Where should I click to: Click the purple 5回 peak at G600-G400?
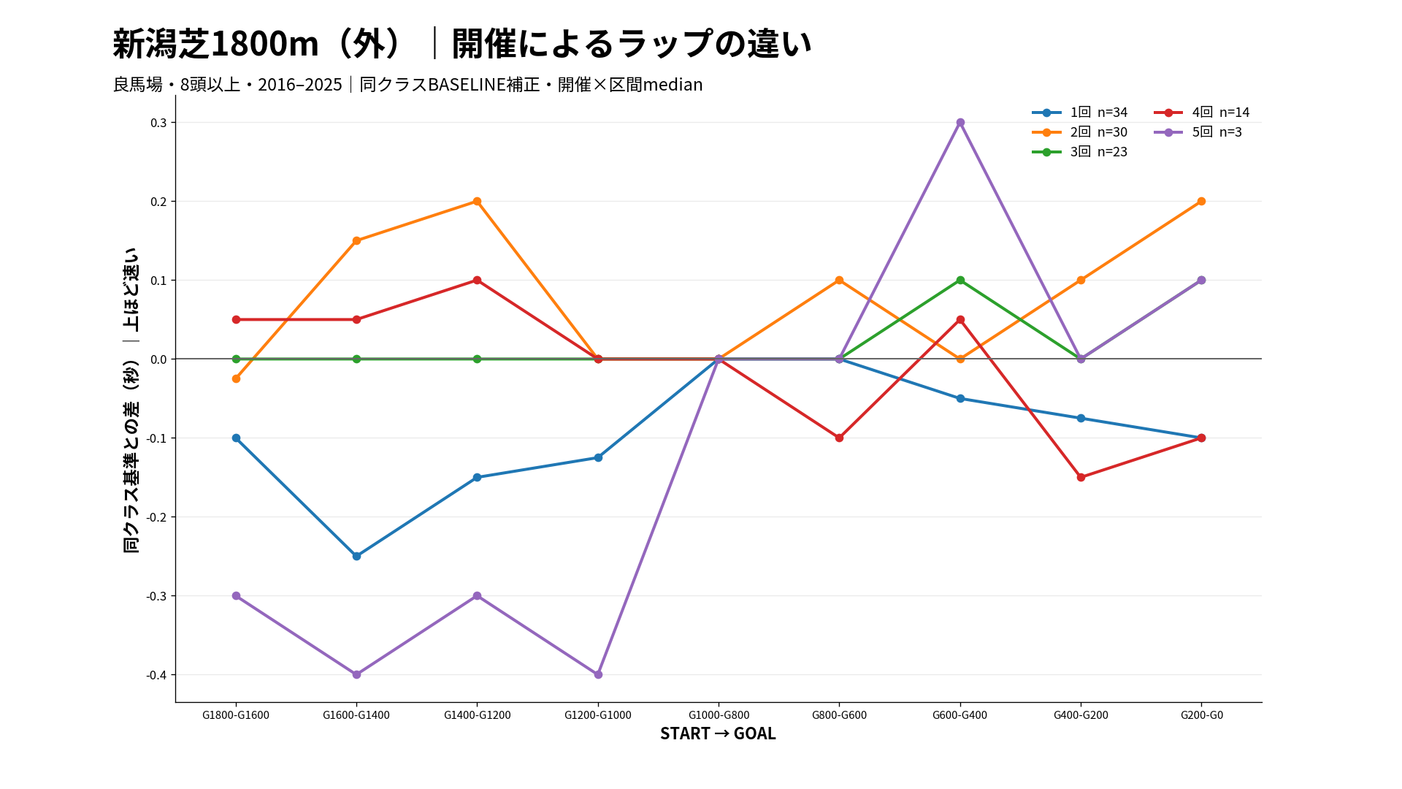960,123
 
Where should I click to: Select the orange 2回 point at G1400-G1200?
477,202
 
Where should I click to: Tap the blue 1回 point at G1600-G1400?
356,556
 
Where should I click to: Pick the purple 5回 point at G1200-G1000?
598,674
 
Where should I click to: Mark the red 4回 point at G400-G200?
1081,477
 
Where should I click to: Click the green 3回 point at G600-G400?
960,281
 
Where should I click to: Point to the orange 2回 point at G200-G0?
1201,202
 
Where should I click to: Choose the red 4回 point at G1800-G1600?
236,320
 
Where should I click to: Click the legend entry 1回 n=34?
1080,113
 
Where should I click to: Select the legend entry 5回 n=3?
1198,132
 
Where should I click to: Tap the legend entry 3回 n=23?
1080,152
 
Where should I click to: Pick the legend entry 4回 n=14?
1202,113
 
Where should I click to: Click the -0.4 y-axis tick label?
156,675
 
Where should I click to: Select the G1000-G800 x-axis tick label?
719,715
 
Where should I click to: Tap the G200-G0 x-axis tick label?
1201,715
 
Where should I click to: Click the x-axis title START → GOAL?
718,733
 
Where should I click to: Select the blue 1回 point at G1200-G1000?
598,458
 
